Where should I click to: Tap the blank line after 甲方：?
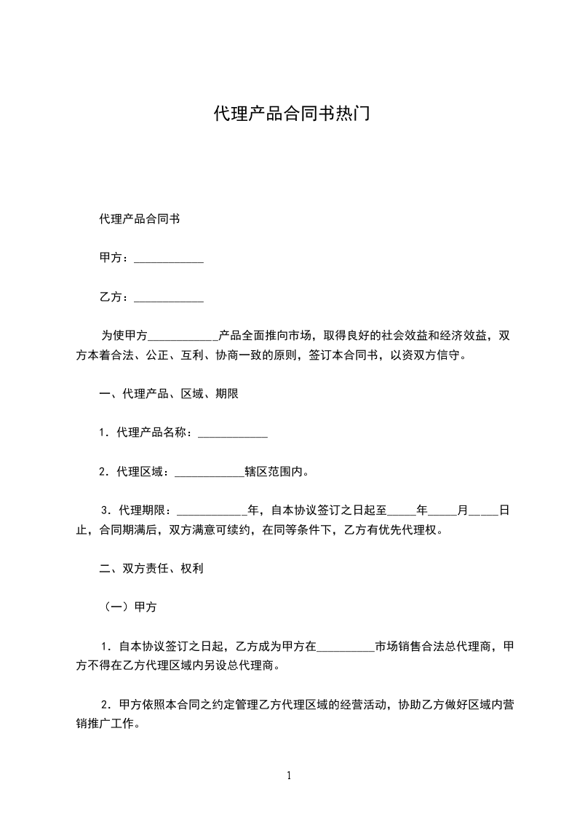169,258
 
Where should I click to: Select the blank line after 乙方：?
169,297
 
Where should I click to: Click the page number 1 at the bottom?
289,775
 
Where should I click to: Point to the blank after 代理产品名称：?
233,433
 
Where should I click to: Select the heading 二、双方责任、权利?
151,569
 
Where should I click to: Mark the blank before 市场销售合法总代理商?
346,646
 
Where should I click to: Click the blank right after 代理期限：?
212,510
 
